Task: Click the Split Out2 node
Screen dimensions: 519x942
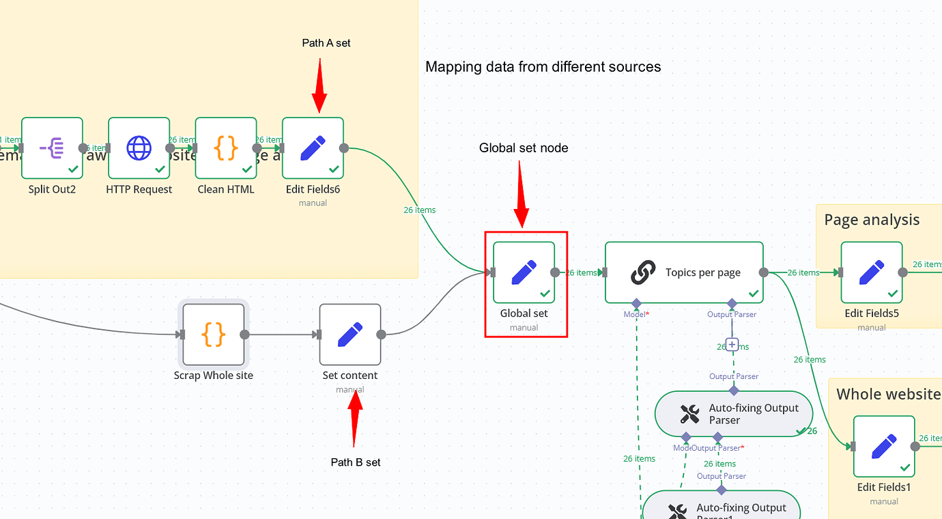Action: click(x=52, y=148)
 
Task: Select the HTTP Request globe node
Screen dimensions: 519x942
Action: click(x=139, y=148)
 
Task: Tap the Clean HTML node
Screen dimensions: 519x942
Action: click(x=226, y=148)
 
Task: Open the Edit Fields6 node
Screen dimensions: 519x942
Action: click(x=313, y=148)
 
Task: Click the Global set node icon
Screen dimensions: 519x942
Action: click(x=524, y=272)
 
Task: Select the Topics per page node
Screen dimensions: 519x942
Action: click(x=684, y=272)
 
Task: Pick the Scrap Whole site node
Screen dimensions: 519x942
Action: click(x=213, y=335)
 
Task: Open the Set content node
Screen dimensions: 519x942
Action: click(x=350, y=335)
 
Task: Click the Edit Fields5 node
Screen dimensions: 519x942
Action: click(x=872, y=272)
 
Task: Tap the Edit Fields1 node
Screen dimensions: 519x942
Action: click(x=884, y=447)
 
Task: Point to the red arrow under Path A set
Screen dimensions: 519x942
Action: click(x=319, y=85)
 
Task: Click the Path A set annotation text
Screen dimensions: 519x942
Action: click(x=326, y=43)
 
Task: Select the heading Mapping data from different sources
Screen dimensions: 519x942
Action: click(x=543, y=67)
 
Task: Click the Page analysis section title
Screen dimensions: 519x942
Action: click(x=872, y=220)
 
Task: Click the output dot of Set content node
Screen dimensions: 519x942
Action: click(x=382, y=335)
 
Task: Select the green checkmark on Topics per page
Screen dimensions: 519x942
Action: click(x=753, y=294)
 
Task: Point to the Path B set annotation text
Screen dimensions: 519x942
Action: click(x=356, y=462)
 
